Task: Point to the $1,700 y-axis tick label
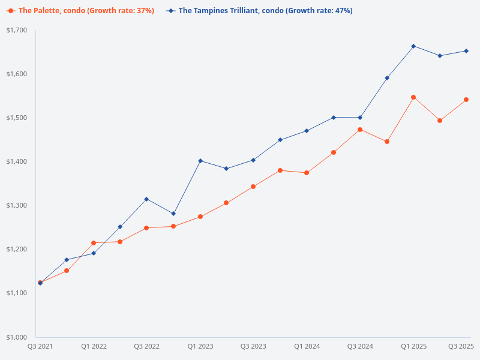pyautogui.click(x=17, y=30)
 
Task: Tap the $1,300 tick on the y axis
pyautogui.click(x=17, y=205)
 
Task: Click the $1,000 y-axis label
pyautogui.click(x=17, y=337)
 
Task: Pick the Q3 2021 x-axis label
pyautogui.click(x=40, y=346)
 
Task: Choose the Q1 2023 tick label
pyautogui.click(x=200, y=346)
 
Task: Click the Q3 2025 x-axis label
pyautogui.click(x=461, y=346)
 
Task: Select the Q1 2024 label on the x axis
pyautogui.click(x=307, y=346)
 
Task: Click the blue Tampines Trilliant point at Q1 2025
pyautogui.click(x=413, y=46)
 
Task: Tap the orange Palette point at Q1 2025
pyautogui.click(x=413, y=97)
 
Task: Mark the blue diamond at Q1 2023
pyautogui.click(x=200, y=161)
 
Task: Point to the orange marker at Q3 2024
pyautogui.click(x=360, y=130)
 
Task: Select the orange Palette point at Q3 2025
pyautogui.click(x=466, y=100)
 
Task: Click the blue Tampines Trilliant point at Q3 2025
pyautogui.click(x=466, y=51)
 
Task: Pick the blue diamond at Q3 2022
pyautogui.click(x=146, y=199)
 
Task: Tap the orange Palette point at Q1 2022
pyautogui.click(x=94, y=243)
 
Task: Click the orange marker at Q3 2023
pyautogui.click(x=253, y=187)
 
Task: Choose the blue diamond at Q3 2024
pyautogui.click(x=360, y=118)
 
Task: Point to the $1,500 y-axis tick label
pyautogui.click(x=17, y=118)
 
